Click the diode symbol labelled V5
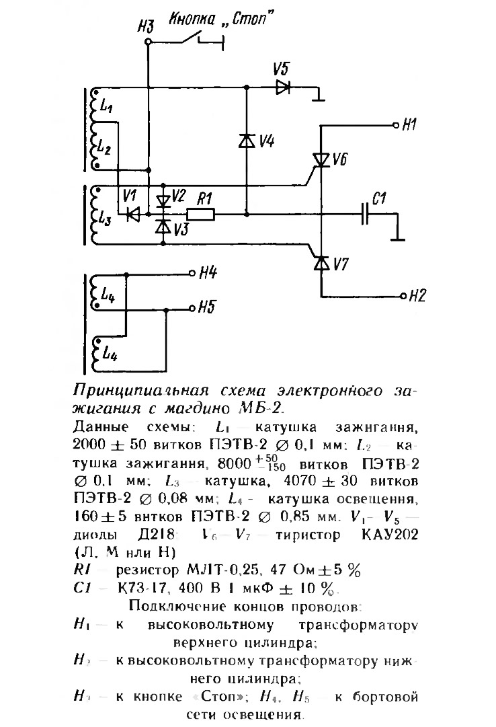click(282, 87)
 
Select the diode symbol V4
click(247, 141)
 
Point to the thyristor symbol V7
click(321, 262)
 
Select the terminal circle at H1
click(396, 126)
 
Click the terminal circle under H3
click(148, 42)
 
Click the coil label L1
click(106, 106)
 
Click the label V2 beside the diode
click(178, 196)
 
